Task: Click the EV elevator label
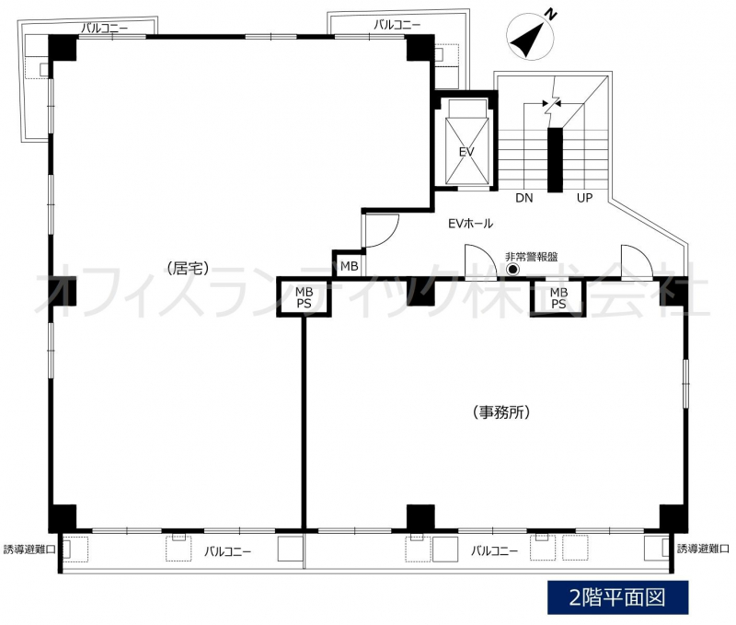click(466, 152)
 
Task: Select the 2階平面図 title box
click(617, 597)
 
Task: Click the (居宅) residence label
click(188, 268)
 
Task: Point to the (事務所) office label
click(501, 412)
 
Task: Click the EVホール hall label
click(471, 224)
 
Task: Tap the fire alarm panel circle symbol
click(512, 270)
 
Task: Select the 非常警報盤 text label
click(532, 257)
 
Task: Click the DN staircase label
click(524, 198)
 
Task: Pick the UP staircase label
click(584, 198)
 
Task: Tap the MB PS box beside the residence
click(305, 297)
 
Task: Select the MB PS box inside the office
click(558, 297)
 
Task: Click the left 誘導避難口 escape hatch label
click(29, 550)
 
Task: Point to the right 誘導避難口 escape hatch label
click(703, 549)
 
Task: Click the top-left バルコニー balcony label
click(104, 29)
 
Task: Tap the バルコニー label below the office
click(494, 550)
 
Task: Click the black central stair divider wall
click(556, 159)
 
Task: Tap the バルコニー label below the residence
click(227, 551)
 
